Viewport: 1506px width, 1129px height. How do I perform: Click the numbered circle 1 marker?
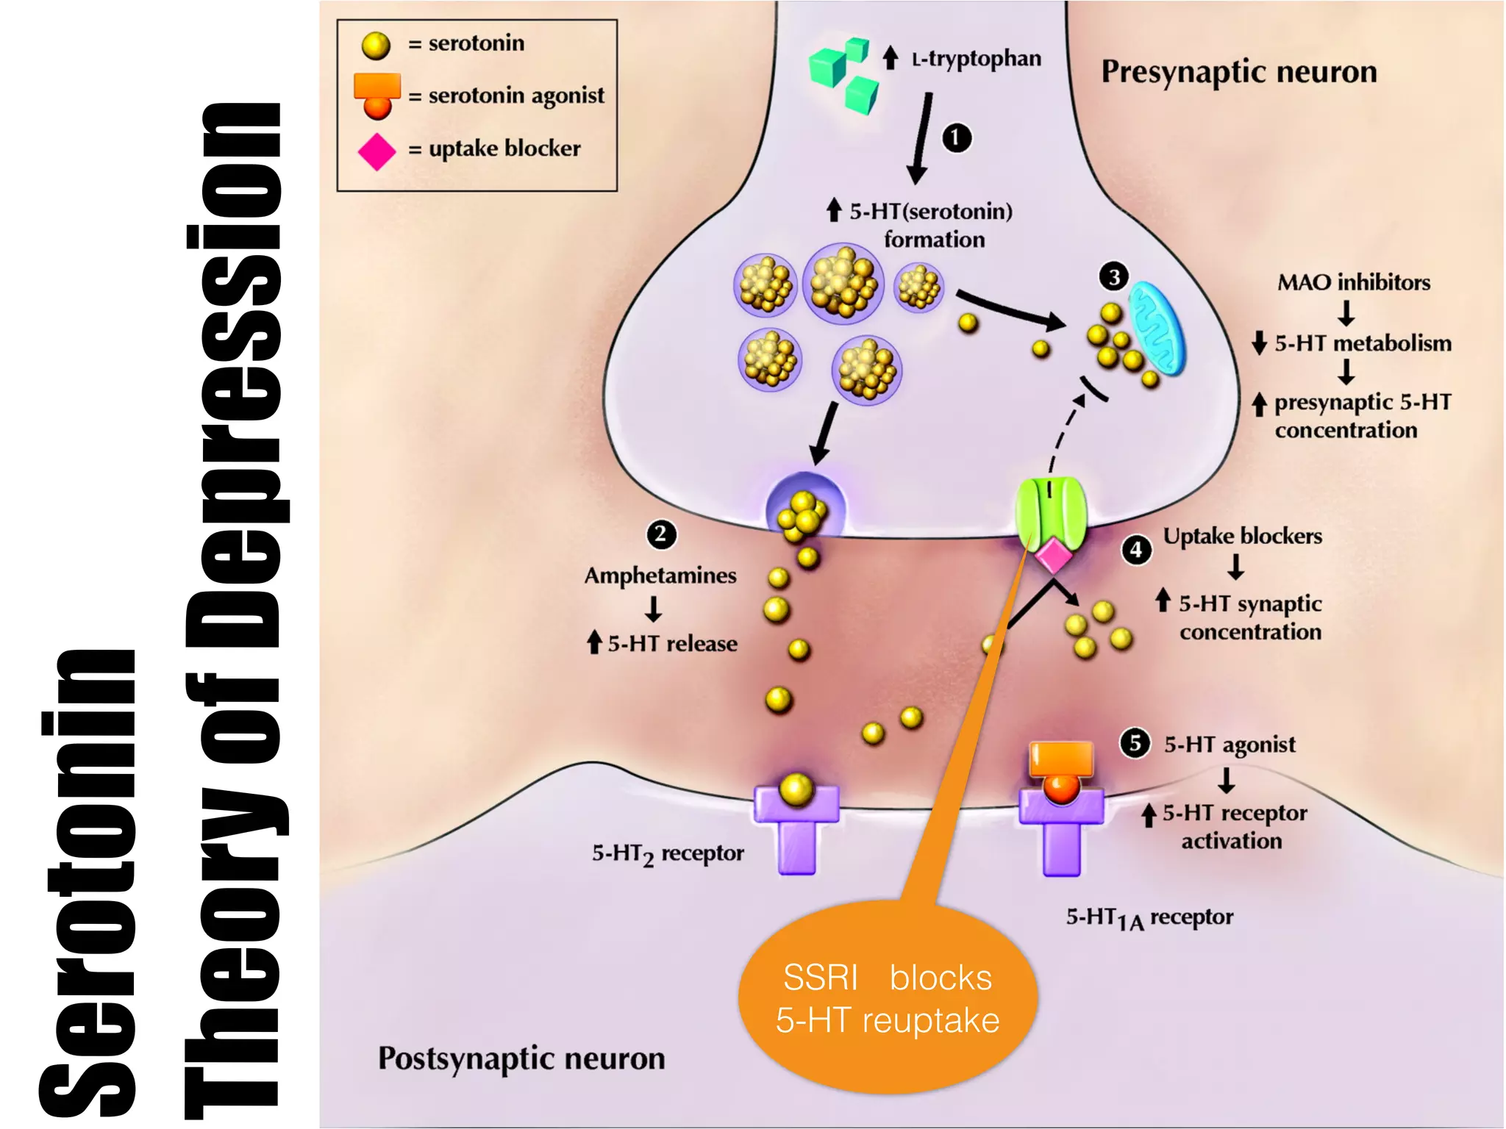[x=956, y=138]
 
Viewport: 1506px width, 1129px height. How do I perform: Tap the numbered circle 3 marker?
[x=1114, y=277]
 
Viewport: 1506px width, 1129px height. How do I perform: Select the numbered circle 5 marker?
[x=1135, y=743]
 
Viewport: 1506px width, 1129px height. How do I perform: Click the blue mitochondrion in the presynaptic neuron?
[x=1157, y=329]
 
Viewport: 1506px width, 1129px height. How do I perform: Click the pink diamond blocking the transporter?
[x=1053, y=555]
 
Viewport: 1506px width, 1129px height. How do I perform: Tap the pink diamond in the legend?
[x=376, y=151]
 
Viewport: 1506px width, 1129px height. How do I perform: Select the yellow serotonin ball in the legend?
[x=376, y=46]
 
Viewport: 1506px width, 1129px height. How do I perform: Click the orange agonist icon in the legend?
[x=377, y=96]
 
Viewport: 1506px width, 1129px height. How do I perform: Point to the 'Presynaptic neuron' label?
[x=1238, y=72]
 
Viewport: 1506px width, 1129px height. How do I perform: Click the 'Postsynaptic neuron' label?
[x=521, y=1058]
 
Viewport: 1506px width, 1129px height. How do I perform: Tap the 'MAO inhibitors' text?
[x=1353, y=282]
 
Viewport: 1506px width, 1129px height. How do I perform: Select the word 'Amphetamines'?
[x=660, y=576]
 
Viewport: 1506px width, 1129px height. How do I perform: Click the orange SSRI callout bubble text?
[x=888, y=998]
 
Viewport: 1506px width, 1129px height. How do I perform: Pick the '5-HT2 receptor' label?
[x=668, y=853]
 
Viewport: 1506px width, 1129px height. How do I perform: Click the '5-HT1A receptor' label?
[x=1149, y=917]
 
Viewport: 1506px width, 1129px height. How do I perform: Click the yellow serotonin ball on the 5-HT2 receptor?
[x=796, y=789]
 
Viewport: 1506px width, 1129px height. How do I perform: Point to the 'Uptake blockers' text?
[x=1242, y=536]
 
